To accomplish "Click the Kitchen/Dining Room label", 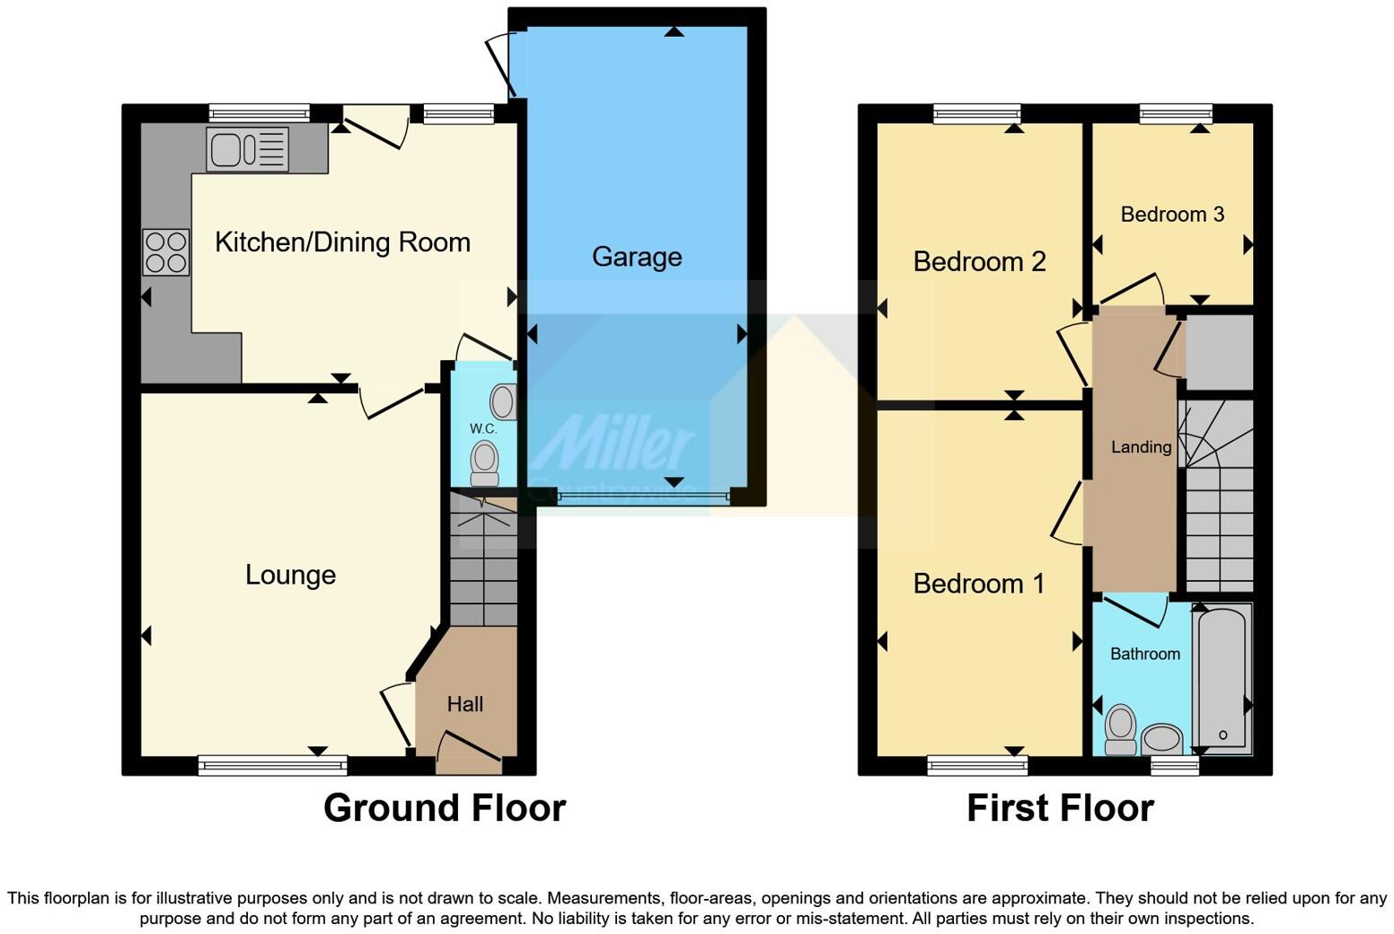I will coord(342,242).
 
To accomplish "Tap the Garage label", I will coord(637,258).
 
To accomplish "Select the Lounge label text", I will coord(290,575).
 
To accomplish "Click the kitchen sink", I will coord(247,148).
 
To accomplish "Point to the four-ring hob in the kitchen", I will coord(166,251).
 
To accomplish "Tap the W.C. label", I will coord(483,429).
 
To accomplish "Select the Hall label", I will coord(465,705).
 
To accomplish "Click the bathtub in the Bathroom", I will coord(1222,678).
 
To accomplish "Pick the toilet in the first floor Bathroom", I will coord(1120,729).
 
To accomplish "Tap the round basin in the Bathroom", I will coord(1162,739).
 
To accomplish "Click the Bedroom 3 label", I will coord(1172,215).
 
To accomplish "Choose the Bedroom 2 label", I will coord(979,262).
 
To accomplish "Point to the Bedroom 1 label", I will coord(979,584).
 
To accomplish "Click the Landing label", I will coord(1141,447).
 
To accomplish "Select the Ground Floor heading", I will coord(445,808).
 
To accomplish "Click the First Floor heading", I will coord(1060,808).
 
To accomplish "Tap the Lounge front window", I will coord(272,766).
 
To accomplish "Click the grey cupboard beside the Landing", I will coord(1219,352).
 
